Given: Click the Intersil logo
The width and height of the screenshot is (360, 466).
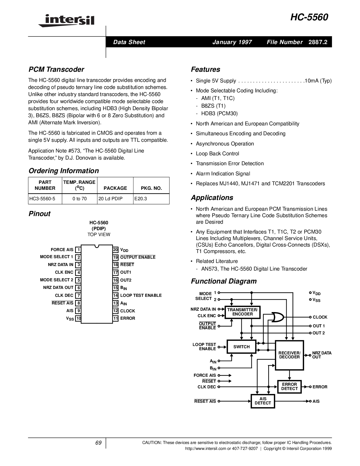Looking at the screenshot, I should [x=66, y=21].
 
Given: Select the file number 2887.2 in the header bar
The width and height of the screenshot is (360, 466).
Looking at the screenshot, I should [x=318, y=42].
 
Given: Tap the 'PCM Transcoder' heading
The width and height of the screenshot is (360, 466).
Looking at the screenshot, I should [x=56, y=69].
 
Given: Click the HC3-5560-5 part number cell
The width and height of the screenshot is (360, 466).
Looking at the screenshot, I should [x=42, y=199].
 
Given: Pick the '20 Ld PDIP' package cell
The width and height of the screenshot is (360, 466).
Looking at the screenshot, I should [x=110, y=199].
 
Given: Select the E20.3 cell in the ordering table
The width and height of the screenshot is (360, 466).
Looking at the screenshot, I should [x=141, y=199].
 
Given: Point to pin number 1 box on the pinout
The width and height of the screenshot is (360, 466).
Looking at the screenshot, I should [x=78, y=250].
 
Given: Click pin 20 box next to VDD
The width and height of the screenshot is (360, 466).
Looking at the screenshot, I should [x=115, y=250].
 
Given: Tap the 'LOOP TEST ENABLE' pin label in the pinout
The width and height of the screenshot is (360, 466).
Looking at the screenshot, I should [x=141, y=295].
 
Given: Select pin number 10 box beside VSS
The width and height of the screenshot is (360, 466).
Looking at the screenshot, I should [x=78, y=318].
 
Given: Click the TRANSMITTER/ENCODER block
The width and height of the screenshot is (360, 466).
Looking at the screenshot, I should [x=243, y=312].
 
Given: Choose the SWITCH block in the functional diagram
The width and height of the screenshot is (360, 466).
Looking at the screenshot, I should [x=241, y=347].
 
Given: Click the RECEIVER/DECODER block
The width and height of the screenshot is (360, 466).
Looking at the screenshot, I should [x=289, y=355].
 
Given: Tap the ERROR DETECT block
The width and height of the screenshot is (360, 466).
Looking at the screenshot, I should [x=289, y=387].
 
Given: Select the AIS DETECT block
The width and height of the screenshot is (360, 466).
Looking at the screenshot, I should [x=263, y=401].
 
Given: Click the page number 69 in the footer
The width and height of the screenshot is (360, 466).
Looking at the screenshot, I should [x=98, y=443].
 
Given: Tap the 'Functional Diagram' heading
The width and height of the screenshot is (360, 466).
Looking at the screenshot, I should [x=224, y=281].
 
